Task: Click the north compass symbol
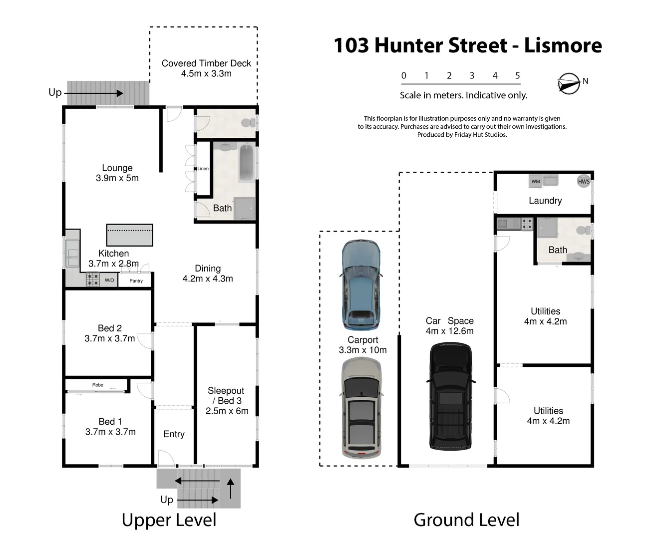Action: pos(569,83)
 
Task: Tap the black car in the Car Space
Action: pos(450,396)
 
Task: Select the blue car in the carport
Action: pos(360,285)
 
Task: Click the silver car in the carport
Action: pos(361,408)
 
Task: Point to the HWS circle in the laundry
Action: pos(584,181)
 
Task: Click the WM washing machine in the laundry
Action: pos(536,181)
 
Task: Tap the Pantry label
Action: pos(136,281)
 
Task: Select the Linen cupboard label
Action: pos(203,169)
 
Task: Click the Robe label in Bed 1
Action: pos(98,385)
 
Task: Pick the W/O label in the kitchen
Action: pos(109,280)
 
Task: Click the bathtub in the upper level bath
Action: pos(247,163)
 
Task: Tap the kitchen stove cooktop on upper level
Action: pos(93,279)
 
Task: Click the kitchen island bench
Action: pos(129,235)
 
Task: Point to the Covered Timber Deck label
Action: pos(206,68)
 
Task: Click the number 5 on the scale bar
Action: pos(517,76)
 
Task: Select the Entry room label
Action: pos(174,434)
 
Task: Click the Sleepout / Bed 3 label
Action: pos(227,401)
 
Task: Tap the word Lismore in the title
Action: pos(563,45)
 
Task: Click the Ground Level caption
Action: pos(466,520)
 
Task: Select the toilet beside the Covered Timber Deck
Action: pos(248,123)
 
